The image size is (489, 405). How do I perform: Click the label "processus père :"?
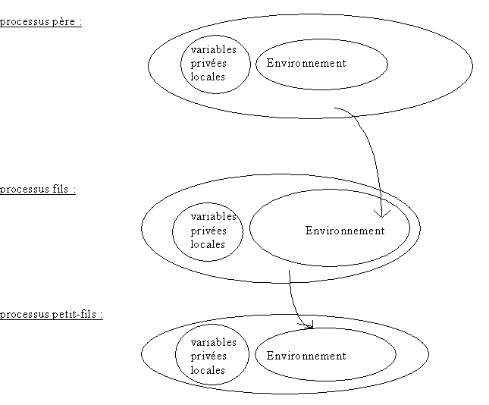40,21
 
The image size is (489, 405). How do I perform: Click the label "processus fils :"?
38,189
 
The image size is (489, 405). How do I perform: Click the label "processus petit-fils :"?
51,314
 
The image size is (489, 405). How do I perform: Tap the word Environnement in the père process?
306,63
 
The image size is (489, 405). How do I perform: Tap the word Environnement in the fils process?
345,231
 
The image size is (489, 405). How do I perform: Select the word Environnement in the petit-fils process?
306,356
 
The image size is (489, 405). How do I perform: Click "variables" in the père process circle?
213,49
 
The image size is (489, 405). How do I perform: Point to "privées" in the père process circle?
208,63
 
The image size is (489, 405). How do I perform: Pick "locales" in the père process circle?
208,77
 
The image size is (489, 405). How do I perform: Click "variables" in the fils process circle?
213,217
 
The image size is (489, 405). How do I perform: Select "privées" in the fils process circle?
208,231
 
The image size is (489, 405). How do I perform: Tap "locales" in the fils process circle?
208,244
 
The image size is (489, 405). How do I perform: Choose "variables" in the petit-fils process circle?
213,342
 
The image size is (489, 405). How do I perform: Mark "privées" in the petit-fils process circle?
208,356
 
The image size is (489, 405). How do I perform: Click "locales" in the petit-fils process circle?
208,370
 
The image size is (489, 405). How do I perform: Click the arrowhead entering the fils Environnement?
385,212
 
